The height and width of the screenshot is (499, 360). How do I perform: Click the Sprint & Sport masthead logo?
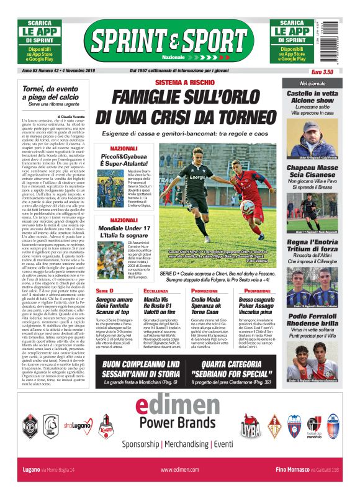168,41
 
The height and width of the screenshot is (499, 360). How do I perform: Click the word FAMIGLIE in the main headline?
154,98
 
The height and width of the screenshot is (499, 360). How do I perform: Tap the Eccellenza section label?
155,290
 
